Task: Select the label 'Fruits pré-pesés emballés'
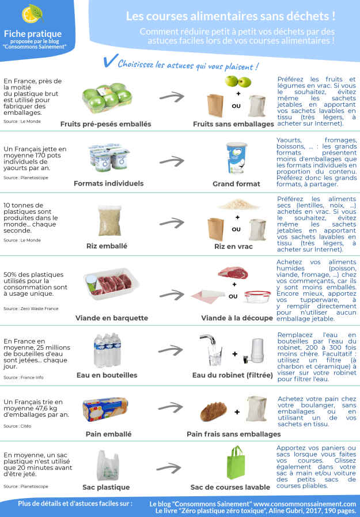coord(106,124)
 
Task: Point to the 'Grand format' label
coord(236,184)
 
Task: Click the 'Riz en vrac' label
coord(233,246)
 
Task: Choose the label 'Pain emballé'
coord(108,434)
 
